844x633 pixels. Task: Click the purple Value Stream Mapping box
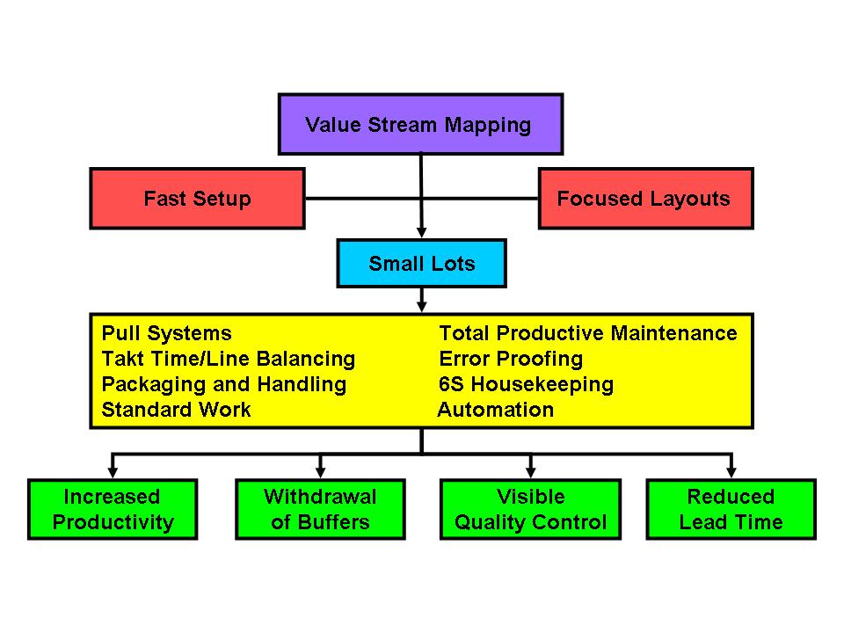click(420, 124)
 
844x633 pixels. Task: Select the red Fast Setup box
click(198, 199)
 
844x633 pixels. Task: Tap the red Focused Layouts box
click(646, 199)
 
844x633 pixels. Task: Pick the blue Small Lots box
click(421, 263)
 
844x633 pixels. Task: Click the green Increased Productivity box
click(113, 509)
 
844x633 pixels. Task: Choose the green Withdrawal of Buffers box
click(320, 509)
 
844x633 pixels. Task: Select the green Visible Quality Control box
click(531, 509)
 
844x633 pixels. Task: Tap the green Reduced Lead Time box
click(731, 509)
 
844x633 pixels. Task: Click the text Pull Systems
click(167, 334)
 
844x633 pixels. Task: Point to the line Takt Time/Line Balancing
click(229, 359)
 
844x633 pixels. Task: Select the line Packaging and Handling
click(224, 385)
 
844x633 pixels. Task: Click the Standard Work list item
click(176, 410)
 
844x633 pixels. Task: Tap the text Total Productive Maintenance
click(588, 334)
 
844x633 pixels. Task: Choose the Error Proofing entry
click(511, 359)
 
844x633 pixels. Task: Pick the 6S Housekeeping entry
click(526, 385)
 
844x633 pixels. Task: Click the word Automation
click(496, 410)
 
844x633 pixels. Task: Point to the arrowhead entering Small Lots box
click(421, 232)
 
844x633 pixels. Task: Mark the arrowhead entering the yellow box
click(421, 307)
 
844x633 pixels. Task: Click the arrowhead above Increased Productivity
click(113, 473)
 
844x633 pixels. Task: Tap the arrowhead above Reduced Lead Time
click(731, 473)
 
